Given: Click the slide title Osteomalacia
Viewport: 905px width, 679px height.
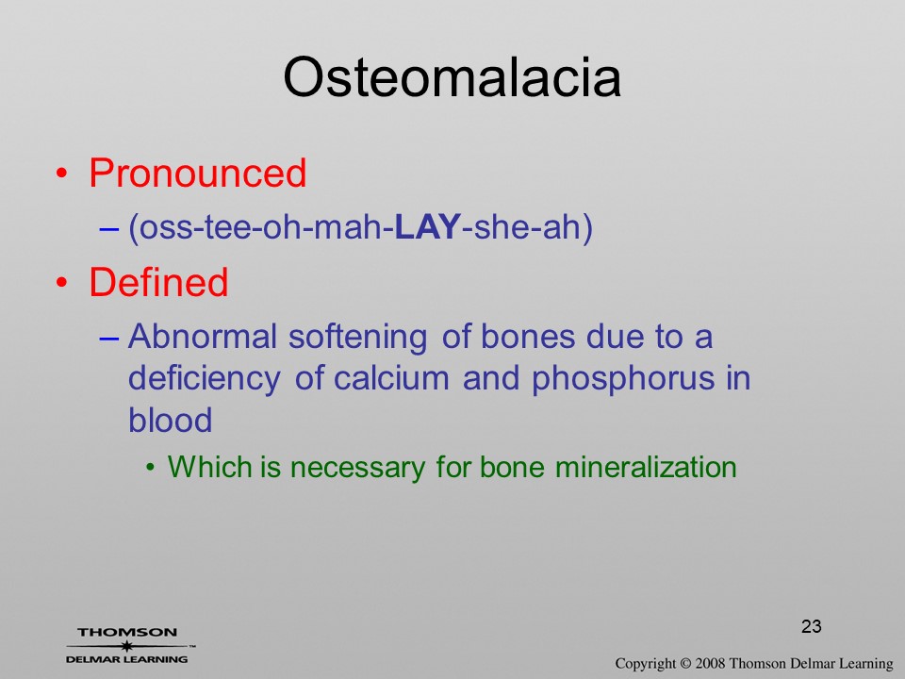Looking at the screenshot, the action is tap(452, 77).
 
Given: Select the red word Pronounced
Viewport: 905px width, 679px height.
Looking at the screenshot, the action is tap(197, 173).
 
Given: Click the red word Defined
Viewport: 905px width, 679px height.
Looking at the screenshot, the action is tap(158, 282).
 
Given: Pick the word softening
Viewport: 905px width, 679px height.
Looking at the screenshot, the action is tap(358, 338).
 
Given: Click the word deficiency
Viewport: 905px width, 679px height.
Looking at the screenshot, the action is tap(205, 379).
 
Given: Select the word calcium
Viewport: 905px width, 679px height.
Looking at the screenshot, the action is tap(391, 378).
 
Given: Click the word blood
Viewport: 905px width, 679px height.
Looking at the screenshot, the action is tap(171, 420).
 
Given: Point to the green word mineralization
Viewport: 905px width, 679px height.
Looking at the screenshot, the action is tap(646, 467).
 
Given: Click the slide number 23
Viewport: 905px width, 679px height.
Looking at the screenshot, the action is tap(811, 626).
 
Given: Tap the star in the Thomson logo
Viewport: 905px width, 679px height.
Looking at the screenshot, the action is tap(127, 646).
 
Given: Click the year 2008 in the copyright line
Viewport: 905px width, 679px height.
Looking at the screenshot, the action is tap(710, 664).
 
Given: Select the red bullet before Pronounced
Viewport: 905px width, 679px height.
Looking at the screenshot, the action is tap(62, 174).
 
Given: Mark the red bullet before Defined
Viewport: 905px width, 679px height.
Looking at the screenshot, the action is tap(62, 282).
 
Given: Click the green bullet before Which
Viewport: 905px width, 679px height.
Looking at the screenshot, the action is tap(151, 467).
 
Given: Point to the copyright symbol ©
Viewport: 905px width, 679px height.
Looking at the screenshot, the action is tap(685, 664).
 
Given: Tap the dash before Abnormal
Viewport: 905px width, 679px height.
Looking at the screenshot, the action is tap(109, 339).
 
